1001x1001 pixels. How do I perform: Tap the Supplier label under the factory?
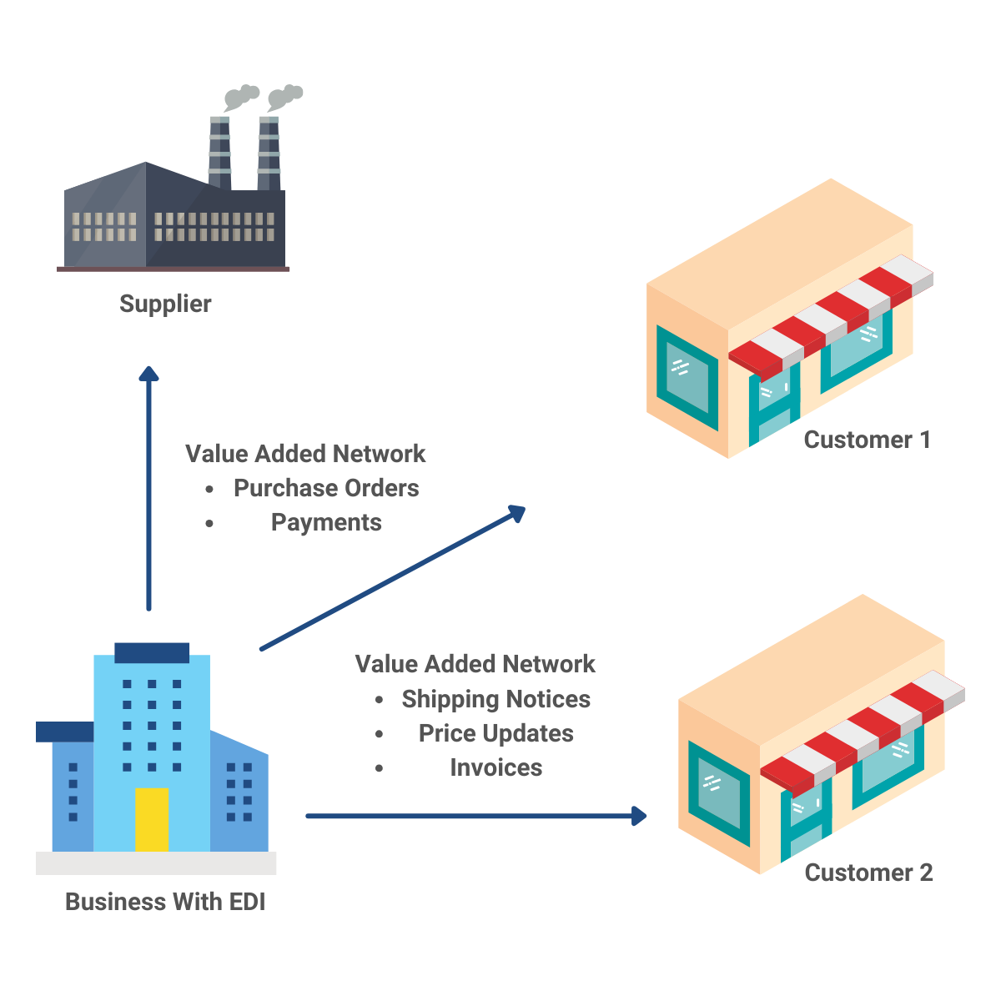point(165,304)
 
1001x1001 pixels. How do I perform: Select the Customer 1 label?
point(867,440)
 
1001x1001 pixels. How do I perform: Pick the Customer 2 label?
point(868,873)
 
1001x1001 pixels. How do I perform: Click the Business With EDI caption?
point(165,902)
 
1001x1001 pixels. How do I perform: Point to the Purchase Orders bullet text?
point(325,488)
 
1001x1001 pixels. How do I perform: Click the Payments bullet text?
point(326,523)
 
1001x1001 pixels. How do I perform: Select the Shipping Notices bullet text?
point(495,699)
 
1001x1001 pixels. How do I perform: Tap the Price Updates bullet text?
point(495,733)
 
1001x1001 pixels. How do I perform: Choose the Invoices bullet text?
point(495,767)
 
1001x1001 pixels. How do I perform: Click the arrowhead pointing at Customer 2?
point(640,816)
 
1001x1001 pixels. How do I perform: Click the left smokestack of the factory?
point(219,150)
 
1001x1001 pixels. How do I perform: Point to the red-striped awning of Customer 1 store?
point(831,313)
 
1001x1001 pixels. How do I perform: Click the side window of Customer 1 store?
point(687,378)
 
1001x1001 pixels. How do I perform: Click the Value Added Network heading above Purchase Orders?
point(305,454)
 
